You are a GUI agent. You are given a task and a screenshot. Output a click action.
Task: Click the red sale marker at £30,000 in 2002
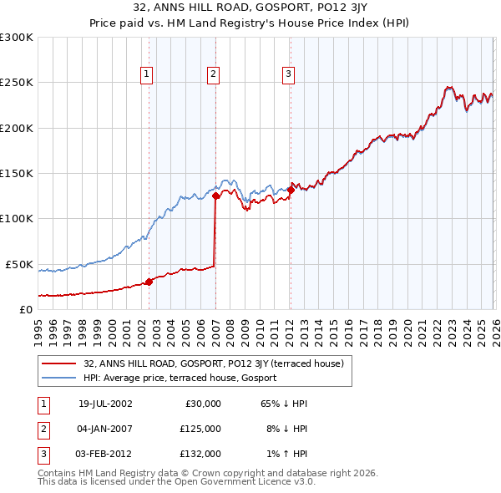[x=149, y=282]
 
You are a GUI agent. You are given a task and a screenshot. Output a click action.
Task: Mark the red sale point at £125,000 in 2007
[x=215, y=196]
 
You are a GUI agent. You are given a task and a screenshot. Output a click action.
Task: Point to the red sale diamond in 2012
[x=291, y=190]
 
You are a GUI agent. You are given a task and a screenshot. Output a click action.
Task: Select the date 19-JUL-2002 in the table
[x=105, y=404]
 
